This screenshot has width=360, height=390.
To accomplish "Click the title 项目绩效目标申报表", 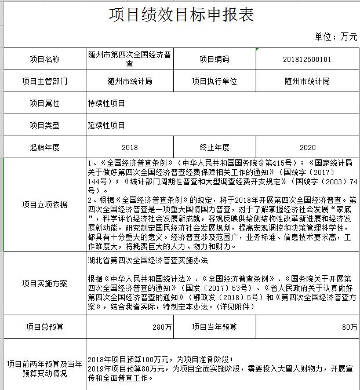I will (181, 14).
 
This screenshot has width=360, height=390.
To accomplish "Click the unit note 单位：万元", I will (336, 37).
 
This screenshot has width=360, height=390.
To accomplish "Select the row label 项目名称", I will (44, 59).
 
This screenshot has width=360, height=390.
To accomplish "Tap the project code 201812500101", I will (307, 59).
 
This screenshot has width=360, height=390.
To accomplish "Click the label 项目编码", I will (214, 59).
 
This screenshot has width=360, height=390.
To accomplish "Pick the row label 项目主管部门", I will (44, 82).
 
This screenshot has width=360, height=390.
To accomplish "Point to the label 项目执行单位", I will (214, 82).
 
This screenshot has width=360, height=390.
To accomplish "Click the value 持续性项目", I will (106, 103).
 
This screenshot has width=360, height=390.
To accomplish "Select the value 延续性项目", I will (106, 125).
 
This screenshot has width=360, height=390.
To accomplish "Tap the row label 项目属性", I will (44, 103).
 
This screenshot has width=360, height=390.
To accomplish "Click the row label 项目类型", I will (44, 125).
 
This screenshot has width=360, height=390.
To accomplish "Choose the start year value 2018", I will (130, 147).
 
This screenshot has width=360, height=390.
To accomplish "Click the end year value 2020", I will (307, 147).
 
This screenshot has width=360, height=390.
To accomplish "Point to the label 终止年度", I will (214, 147).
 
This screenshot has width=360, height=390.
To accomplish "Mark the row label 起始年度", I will (44, 147).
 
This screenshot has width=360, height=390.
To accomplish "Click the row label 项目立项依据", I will (44, 204).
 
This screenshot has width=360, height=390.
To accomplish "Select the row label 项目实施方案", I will (44, 283).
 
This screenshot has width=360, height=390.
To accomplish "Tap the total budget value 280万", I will (162, 327).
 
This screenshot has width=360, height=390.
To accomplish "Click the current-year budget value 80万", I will (350, 327).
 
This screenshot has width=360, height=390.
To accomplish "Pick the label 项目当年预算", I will (214, 327).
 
